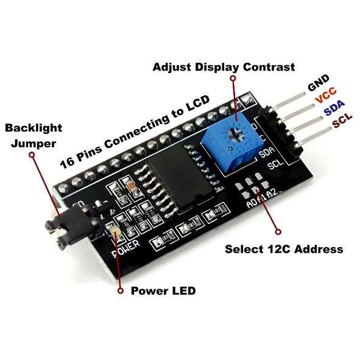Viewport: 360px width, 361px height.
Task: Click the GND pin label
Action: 319,83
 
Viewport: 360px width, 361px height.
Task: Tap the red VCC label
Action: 326,95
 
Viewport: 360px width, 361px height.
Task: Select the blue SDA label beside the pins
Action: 334,108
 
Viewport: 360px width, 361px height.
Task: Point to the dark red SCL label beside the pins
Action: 342,120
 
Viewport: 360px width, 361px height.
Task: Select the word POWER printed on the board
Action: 125,248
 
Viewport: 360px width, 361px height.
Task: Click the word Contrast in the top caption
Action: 269,67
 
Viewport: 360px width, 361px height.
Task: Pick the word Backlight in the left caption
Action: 34,128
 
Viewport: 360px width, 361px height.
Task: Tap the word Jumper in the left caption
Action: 34,144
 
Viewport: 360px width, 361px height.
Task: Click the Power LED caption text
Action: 163,291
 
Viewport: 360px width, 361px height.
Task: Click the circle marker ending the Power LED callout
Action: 120,291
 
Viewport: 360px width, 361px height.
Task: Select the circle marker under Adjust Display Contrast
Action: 233,79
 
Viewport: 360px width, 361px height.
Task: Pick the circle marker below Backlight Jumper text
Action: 32,155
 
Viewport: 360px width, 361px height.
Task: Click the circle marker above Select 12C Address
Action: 278,231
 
